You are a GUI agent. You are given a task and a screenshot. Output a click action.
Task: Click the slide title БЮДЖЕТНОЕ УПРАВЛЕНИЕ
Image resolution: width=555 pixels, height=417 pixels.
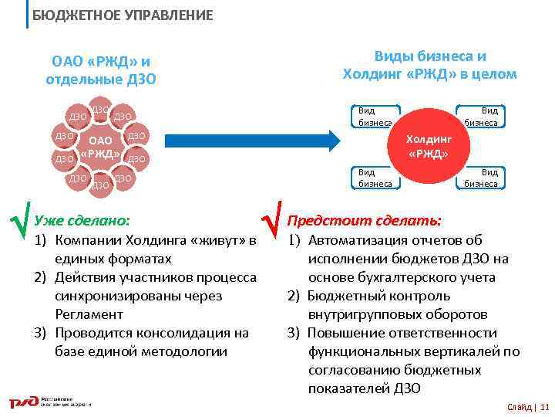point(123,15)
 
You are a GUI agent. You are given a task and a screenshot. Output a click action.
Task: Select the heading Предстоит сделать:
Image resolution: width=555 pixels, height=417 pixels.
point(364,221)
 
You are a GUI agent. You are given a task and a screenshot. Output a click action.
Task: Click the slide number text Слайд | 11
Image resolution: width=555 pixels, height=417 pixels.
point(528,407)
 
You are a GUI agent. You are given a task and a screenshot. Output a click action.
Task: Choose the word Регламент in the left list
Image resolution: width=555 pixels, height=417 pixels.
point(89,314)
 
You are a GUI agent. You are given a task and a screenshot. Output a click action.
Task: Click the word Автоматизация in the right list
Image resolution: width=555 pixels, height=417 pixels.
point(356,240)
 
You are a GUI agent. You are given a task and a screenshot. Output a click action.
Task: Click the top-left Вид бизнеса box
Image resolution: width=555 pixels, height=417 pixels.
point(375,117)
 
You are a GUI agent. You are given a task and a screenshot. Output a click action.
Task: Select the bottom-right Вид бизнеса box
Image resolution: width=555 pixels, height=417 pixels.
point(482,178)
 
